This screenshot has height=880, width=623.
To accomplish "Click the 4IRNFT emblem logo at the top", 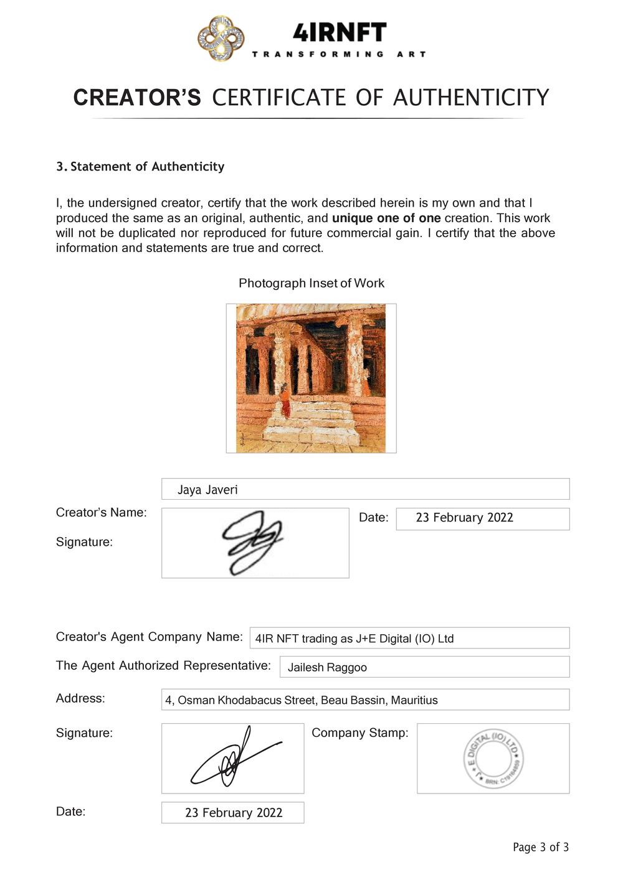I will [x=221, y=39].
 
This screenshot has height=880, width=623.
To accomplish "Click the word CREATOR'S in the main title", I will [x=137, y=98].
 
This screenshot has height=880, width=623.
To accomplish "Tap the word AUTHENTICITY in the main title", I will [x=471, y=98].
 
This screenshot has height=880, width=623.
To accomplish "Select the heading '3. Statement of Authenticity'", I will [x=140, y=167].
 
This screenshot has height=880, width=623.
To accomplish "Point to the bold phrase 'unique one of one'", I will [x=386, y=218].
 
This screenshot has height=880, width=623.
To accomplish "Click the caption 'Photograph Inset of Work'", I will [x=311, y=283].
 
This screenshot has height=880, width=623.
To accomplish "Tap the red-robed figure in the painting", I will [x=285, y=401].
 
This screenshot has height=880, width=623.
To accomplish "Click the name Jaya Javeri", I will [x=207, y=490].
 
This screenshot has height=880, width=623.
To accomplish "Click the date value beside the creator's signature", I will [x=465, y=518].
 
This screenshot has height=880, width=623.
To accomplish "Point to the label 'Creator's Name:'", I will [x=102, y=513].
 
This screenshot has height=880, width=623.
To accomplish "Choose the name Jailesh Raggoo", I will [x=327, y=668].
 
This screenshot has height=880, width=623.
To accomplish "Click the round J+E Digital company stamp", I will [x=493, y=759].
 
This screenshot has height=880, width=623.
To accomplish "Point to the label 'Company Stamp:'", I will [x=360, y=733].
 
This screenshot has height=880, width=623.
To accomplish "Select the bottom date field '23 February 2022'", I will [x=234, y=813].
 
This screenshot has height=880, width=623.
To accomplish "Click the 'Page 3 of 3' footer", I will [x=541, y=847].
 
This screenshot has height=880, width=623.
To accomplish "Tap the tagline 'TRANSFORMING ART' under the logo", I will [x=339, y=55].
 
